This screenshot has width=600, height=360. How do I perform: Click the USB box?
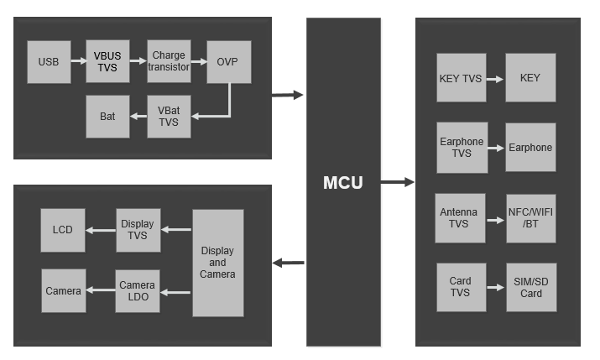(x=49, y=61)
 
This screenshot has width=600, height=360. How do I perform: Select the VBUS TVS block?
(x=107, y=61)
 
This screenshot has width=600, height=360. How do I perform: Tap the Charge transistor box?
(x=169, y=61)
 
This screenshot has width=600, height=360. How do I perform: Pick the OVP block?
(x=228, y=61)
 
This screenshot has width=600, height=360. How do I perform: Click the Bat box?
(x=107, y=117)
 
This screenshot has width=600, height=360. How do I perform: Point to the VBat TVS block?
(x=169, y=117)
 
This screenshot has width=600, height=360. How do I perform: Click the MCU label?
(x=342, y=182)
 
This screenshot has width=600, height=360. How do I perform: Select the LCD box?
(x=63, y=230)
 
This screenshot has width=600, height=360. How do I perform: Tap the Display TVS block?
(x=138, y=230)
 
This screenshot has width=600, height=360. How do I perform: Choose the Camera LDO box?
(x=138, y=291)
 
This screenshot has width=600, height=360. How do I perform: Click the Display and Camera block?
(x=217, y=263)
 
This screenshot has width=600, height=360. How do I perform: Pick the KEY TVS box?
(x=461, y=78)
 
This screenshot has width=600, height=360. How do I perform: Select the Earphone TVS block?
(x=462, y=148)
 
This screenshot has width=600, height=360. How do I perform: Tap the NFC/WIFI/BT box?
(x=530, y=218)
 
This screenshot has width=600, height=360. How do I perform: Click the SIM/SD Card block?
(x=530, y=287)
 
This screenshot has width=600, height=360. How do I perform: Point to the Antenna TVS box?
(x=460, y=218)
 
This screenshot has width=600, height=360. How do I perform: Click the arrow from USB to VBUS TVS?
(x=77, y=61)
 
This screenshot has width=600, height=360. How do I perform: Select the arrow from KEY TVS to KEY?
(x=495, y=79)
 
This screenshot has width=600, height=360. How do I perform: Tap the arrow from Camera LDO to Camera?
(x=100, y=291)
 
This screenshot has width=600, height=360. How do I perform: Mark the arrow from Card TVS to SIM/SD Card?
(x=495, y=288)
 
